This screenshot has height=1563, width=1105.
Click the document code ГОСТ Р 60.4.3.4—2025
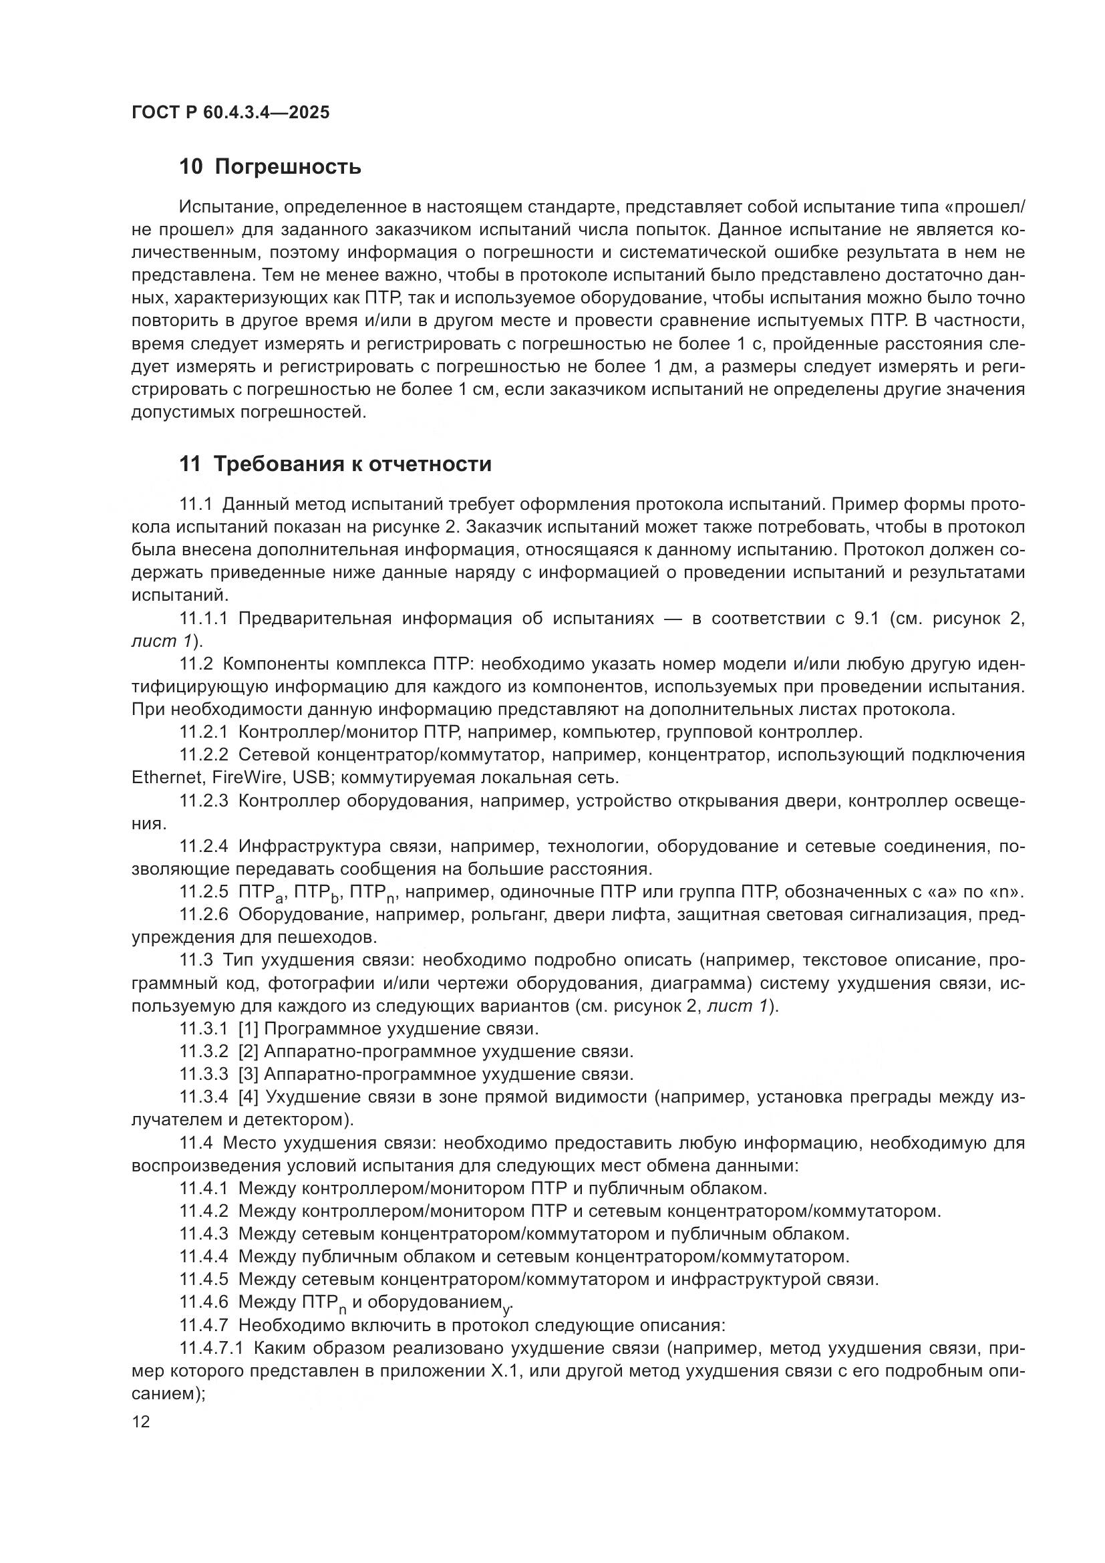coord(230,112)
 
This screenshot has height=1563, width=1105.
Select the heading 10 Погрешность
coord(269,167)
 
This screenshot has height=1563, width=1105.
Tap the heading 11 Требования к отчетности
coord(335,464)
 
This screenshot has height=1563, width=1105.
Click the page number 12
coord(140,1421)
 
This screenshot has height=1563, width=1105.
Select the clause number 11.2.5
coord(204,892)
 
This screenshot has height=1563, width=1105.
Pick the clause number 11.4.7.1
coord(212,1348)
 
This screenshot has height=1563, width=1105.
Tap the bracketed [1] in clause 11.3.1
coord(249,1028)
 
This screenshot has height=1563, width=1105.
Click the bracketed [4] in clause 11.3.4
coord(249,1097)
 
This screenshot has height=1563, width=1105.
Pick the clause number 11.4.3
coord(204,1234)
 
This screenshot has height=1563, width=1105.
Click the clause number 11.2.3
coord(204,801)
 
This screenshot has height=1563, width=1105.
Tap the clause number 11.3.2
coord(204,1052)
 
